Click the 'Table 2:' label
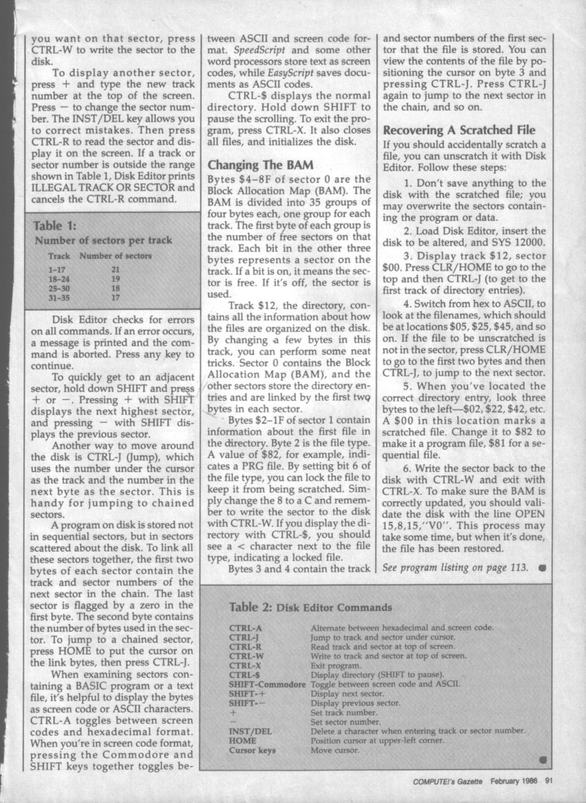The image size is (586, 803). (251, 607)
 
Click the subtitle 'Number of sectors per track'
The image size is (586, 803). (103, 240)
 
